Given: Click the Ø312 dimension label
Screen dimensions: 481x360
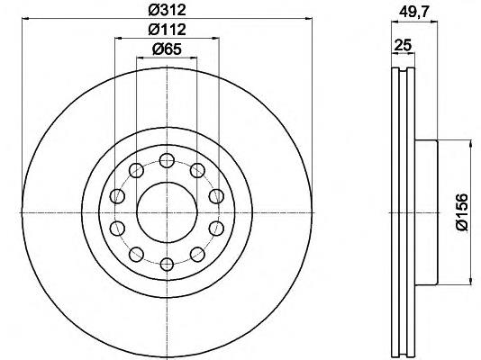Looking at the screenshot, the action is pyautogui.click(x=168, y=10).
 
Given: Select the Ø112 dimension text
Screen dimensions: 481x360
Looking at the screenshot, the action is pyautogui.click(x=168, y=30).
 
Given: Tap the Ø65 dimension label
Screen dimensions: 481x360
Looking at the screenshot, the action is pyautogui.click(x=167, y=49).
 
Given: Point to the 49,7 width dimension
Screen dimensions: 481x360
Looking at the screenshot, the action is pyautogui.click(x=413, y=13).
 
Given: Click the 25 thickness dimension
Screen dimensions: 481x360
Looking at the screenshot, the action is pyautogui.click(x=403, y=45).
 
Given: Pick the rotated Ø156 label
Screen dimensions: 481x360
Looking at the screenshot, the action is pyautogui.click(x=462, y=211).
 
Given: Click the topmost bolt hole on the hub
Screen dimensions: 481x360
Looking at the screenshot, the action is pyautogui.click(x=167, y=160).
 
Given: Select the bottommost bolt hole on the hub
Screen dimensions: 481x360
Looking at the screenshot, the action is pyautogui.click(x=167, y=265).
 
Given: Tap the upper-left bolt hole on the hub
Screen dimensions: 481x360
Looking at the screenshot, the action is pyautogui.click(x=136, y=170).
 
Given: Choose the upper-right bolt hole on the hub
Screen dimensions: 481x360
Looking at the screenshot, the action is pyautogui.click(x=197, y=170).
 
